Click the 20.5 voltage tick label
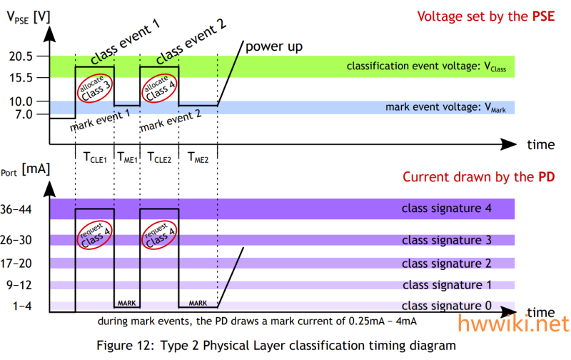coord(21,56)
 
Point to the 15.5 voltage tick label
coord(21,78)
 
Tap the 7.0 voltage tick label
coord(24,114)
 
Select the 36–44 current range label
coord(16,209)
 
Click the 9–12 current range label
coord(19,285)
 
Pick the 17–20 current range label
coord(16,264)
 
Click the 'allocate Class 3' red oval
coord(95,89)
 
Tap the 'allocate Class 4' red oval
coord(159,89)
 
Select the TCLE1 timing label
coord(95,158)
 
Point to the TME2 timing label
coord(198,158)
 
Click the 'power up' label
coord(274,46)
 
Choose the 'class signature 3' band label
coord(447,240)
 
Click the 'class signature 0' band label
coord(447,306)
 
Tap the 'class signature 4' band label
coord(447,209)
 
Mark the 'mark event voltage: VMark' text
coord(445,107)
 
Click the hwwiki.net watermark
coord(513,324)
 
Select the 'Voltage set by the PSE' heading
coord(486,16)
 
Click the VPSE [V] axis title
coord(29,17)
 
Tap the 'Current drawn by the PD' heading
coord(478,177)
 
